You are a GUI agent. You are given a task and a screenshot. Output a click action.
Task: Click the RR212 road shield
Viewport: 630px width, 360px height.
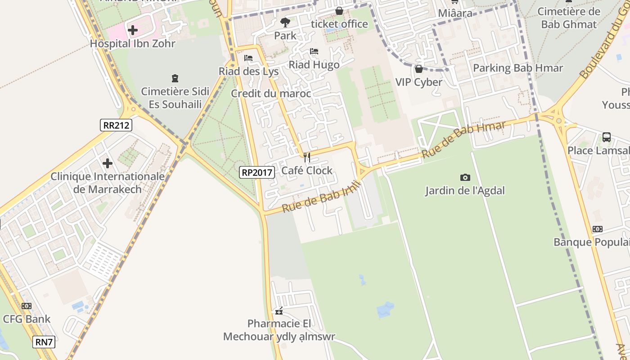[116, 125]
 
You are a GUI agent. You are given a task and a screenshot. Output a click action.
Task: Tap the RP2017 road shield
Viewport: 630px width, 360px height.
[256, 172]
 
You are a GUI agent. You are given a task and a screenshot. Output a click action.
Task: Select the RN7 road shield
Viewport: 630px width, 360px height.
[44, 342]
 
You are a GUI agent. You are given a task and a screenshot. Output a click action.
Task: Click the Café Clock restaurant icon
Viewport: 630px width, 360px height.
[307, 157]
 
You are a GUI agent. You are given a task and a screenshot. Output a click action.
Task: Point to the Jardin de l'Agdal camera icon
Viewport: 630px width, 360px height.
[465, 178]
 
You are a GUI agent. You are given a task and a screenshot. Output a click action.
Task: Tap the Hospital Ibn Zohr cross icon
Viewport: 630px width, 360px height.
[133, 30]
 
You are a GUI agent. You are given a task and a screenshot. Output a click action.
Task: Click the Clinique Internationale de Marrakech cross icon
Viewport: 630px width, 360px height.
[108, 163]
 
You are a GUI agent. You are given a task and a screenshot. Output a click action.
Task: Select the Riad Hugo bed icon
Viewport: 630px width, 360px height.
[314, 51]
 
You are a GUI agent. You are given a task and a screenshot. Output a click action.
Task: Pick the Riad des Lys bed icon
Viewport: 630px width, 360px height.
[248, 58]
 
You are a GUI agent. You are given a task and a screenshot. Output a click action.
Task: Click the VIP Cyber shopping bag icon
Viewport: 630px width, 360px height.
[419, 69]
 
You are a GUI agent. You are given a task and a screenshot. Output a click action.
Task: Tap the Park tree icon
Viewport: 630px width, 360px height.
[285, 22]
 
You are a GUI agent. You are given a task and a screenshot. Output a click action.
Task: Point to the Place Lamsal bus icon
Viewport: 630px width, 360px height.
[607, 137]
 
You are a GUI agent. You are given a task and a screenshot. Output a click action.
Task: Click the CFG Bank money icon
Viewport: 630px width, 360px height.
[27, 306]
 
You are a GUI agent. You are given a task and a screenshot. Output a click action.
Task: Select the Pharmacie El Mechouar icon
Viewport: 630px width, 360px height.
[279, 310]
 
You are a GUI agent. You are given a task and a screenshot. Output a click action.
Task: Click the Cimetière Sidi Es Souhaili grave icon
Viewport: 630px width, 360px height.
[175, 78]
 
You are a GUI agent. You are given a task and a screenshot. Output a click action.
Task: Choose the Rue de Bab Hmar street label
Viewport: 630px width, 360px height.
[463, 139]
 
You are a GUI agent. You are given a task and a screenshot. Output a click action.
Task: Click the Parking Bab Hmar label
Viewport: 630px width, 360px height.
[518, 68]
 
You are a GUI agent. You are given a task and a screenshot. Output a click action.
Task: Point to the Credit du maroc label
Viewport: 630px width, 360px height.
[271, 94]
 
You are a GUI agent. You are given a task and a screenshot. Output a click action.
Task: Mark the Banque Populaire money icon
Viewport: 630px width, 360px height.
[598, 229]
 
